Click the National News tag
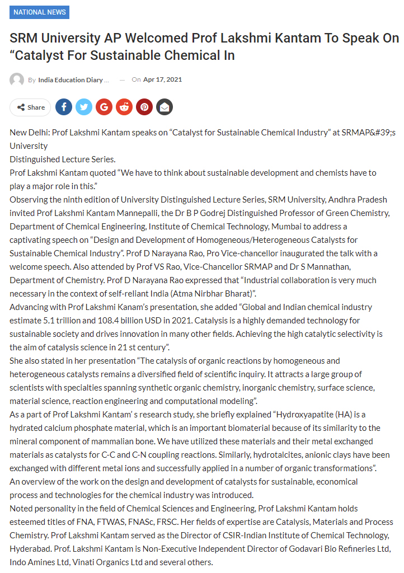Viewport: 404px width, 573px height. click(x=39, y=12)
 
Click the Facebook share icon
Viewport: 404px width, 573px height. click(x=64, y=107)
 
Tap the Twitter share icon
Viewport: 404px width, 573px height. click(x=84, y=107)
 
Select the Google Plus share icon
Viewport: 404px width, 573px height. click(x=104, y=107)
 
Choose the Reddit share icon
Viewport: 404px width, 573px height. click(x=124, y=107)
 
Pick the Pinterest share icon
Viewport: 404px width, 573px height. click(x=144, y=107)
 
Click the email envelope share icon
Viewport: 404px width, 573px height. click(x=165, y=107)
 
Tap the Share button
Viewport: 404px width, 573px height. click(x=30, y=107)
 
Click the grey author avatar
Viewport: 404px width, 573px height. click(x=17, y=79)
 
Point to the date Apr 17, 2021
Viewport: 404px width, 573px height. click(x=162, y=79)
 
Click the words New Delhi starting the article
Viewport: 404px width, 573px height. click(x=28, y=132)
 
